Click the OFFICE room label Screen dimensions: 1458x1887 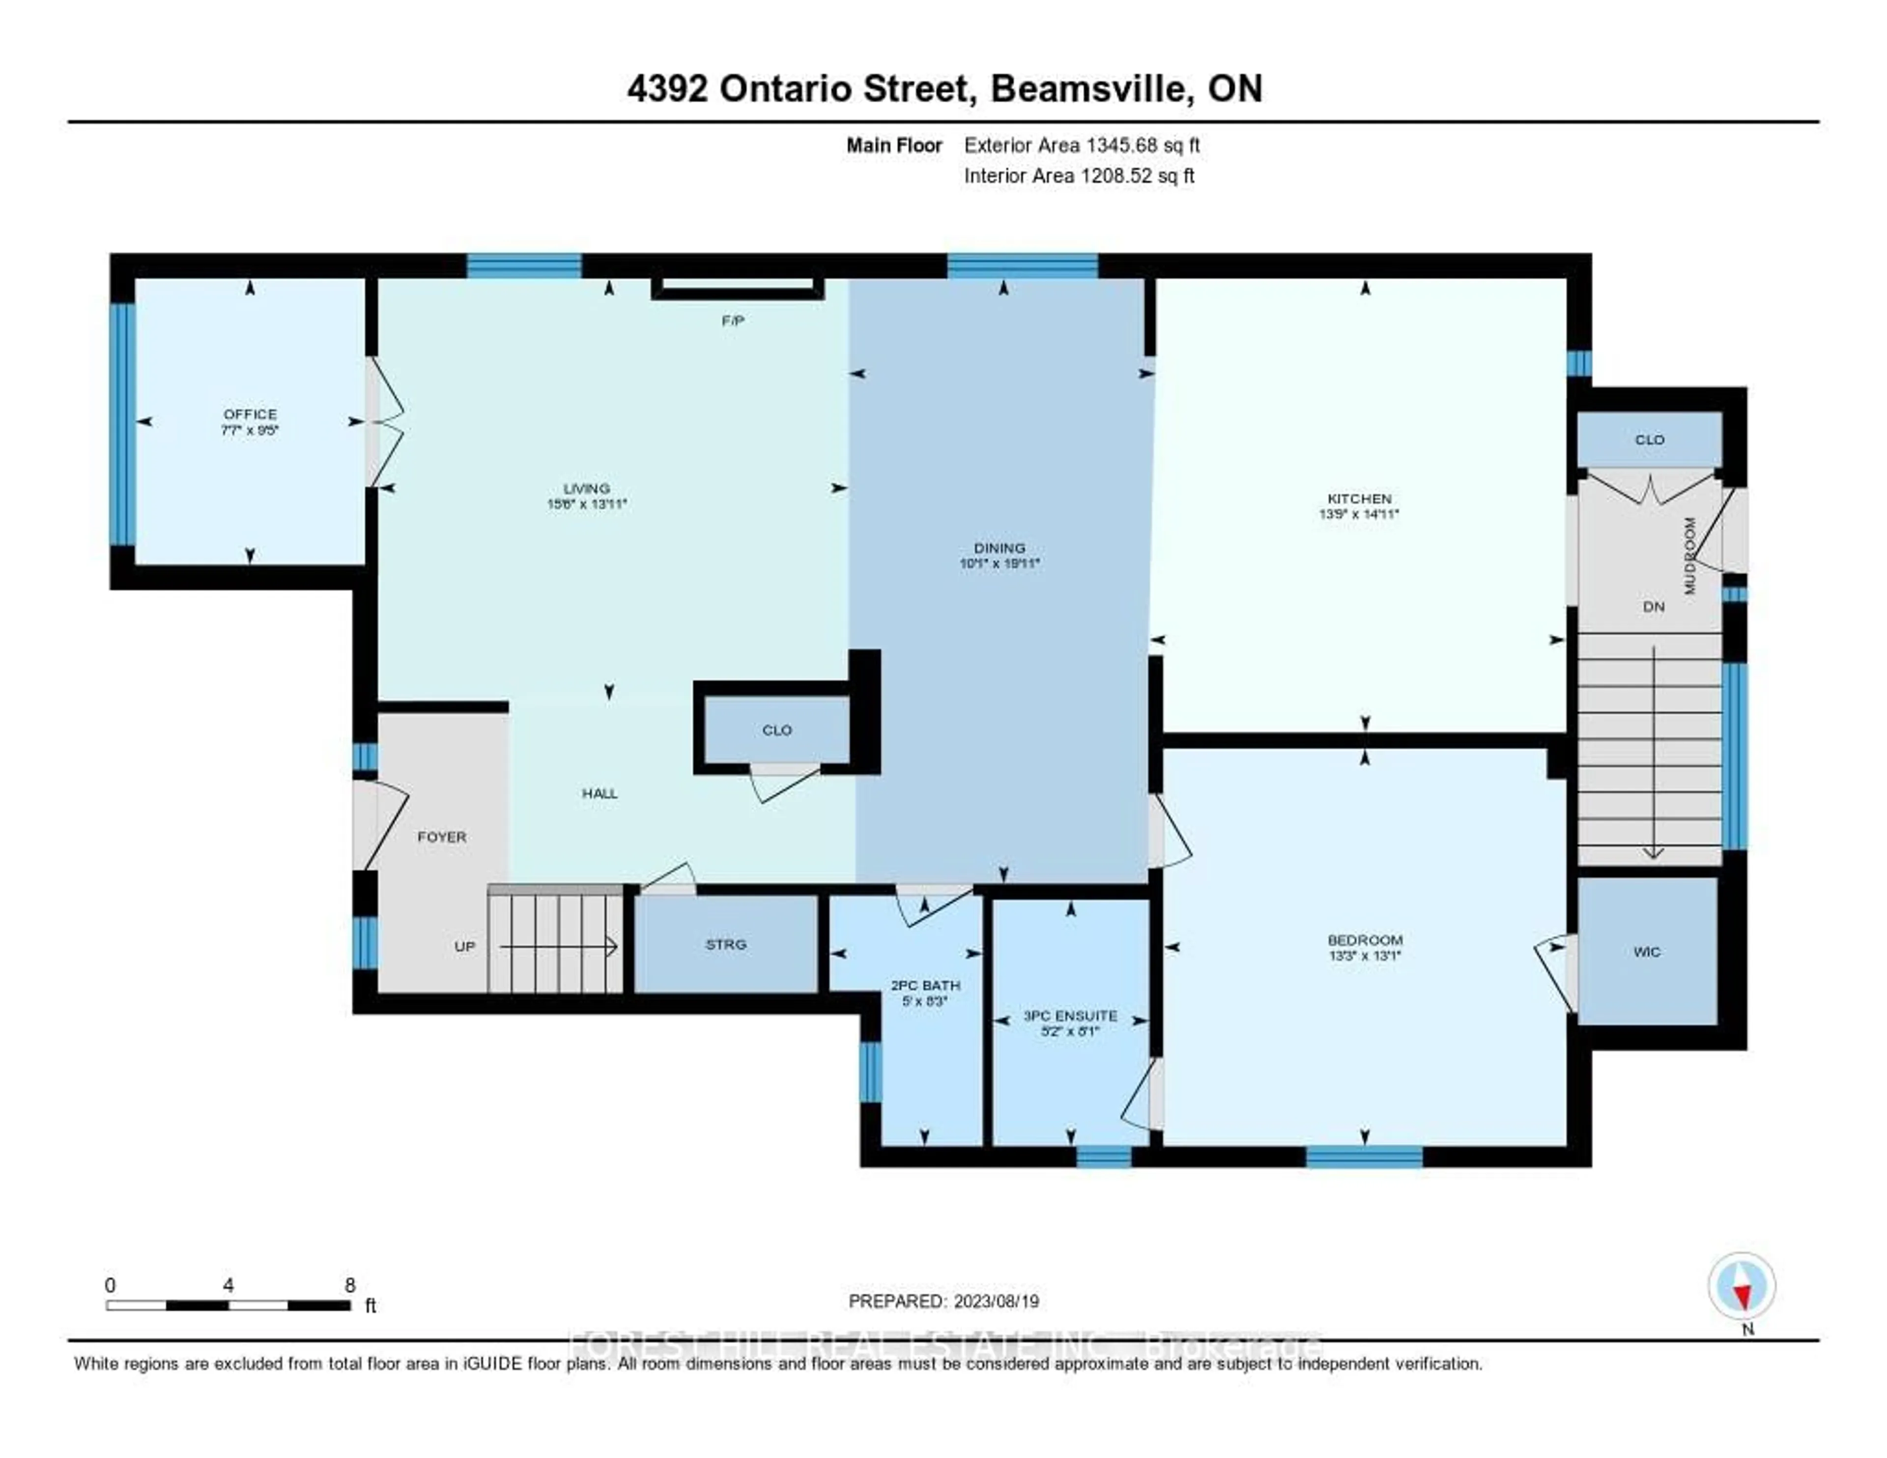[x=250, y=414]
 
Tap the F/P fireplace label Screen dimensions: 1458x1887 [x=733, y=321]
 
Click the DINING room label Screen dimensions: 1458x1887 [x=999, y=548]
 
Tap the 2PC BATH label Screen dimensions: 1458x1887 [x=925, y=985]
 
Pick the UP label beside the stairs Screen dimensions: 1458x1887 [x=465, y=946]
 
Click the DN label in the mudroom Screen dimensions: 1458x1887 [x=1653, y=607]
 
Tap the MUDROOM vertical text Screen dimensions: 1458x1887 [x=1690, y=555]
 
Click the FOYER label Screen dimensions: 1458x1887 [x=441, y=837]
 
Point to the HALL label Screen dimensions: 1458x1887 [x=600, y=793]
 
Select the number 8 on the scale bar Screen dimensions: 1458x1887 [x=350, y=1285]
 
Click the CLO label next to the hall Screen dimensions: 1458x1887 [x=777, y=730]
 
